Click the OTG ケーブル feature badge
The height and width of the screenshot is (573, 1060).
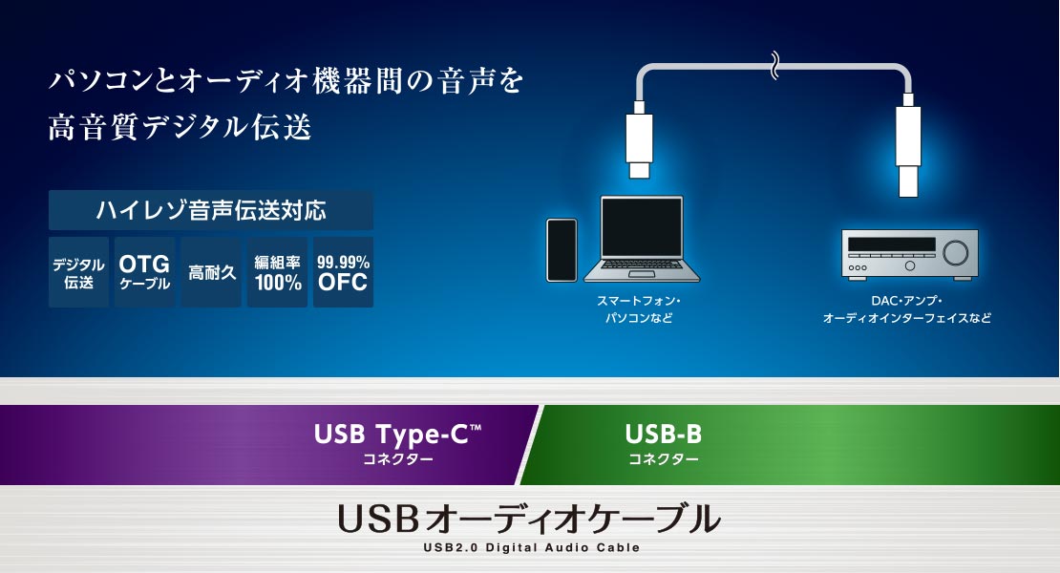coord(144,272)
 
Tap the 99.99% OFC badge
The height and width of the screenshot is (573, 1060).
coord(344,272)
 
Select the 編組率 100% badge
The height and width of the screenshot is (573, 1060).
coord(277,272)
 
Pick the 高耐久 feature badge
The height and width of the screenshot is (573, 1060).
coord(211,272)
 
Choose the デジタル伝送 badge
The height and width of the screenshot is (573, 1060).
coord(78,272)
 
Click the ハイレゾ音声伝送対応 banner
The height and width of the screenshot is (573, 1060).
coord(211,210)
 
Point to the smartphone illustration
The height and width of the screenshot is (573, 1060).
coord(562,250)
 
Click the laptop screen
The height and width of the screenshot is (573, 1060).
coord(642,227)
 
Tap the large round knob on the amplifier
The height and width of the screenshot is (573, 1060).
coord(955,252)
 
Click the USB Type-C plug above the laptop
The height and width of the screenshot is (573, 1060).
coord(639,139)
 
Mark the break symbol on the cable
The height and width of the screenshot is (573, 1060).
coord(774,66)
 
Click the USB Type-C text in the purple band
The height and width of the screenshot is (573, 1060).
coord(397,434)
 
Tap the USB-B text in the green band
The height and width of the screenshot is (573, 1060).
coord(663,434)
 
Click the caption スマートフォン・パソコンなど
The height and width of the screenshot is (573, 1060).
coord(639,308)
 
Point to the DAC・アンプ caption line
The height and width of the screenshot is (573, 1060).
coord(906,301)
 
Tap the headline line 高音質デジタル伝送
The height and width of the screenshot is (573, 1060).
coord(180,127)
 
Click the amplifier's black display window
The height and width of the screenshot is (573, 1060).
coord(892,244)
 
